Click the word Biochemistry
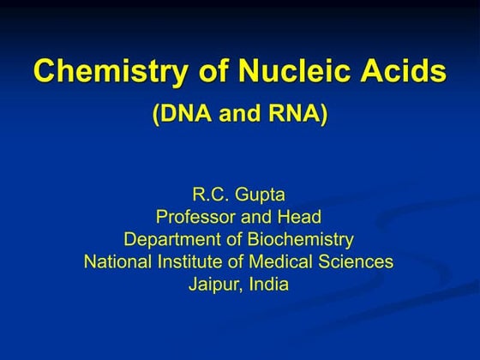(297, 239)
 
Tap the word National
(117, 261)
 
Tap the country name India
(270, 285)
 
